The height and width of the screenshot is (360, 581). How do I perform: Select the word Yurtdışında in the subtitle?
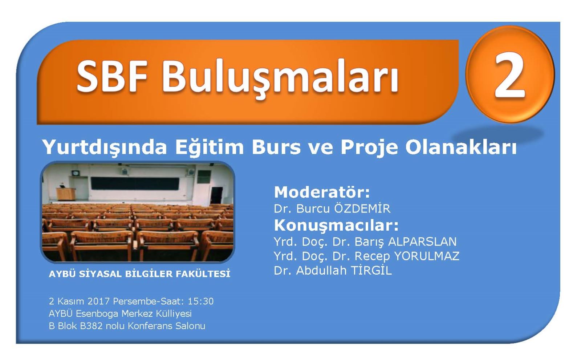pyautogui.click(x=105, y=147)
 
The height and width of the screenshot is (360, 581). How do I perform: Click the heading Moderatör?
pyautogui.click(x=322, y=192)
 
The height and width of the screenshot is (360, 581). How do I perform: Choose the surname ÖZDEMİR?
pyautogui.click(x=362, y=208)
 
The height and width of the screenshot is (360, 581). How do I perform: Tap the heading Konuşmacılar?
pyautogui.click(x=336, y=226)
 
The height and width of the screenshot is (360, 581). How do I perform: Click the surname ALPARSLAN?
pyautogui.click(x=422, y=242)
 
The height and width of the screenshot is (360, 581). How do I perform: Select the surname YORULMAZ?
pyautogui.click(x=427, y=256)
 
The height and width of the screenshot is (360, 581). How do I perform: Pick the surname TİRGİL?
pyautogui.click(x=371, y=270)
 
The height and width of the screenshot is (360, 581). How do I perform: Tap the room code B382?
pyautogui.click(x=91, y=326)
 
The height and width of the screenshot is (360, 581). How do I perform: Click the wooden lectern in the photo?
pyautogui.click(x=65, y=194)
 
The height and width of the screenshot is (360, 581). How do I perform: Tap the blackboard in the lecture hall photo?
pyautogui.click(x=135, y=183)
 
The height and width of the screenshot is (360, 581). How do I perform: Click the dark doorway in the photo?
pyautogui.click(x=216, y=195)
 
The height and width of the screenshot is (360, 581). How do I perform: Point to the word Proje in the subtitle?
pyautogui.click(x=369, y=147)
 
